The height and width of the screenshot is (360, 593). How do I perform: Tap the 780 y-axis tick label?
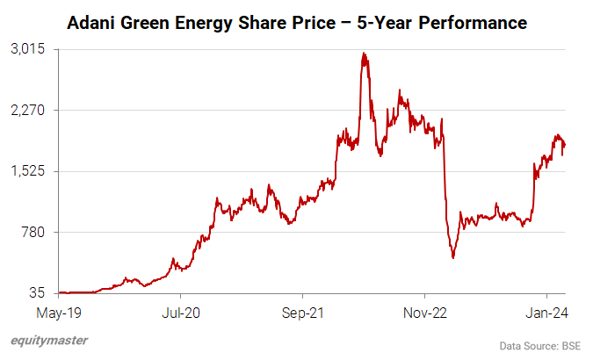pyautogui.click(x=34, y=232)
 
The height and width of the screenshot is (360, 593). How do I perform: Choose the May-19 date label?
pyautogui.click(x=59, y=311)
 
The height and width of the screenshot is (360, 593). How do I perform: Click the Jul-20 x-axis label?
pyautogui.click(x=180, y=311)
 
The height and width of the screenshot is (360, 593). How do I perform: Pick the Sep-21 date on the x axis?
pyautogui.click(x=302, y=311)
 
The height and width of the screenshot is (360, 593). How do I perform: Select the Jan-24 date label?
pyautogui.click(x=546, y=311)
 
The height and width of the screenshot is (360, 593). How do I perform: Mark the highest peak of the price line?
pyautogui.click(x=363, y=54)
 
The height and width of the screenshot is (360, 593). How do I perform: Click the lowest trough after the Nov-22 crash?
pyautogui.click(x=453, y=257)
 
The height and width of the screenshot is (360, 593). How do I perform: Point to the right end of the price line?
pyautogui.click(x=564, y=145)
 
